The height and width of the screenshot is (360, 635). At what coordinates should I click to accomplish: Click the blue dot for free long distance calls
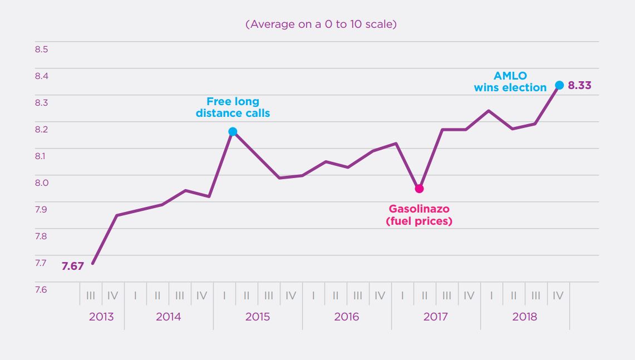point(233,132)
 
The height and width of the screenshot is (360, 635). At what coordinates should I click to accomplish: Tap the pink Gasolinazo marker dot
point(419,189)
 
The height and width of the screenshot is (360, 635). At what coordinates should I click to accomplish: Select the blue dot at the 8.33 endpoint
point(559,85)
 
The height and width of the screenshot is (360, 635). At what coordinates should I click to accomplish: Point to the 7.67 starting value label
point(72,266)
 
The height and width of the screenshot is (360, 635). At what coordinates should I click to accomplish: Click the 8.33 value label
point(579,86)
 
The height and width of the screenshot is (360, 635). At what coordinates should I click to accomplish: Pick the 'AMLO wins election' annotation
point(510,81)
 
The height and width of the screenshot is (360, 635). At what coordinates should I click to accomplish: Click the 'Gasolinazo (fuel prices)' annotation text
point(419,215)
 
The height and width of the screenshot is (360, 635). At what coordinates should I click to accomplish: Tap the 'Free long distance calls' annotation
point(233,107)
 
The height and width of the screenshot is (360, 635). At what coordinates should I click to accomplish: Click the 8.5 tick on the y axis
point(41,49)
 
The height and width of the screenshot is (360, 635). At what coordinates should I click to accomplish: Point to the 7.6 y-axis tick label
point(41,289)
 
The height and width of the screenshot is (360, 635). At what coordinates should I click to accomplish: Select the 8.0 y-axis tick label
point(41,183)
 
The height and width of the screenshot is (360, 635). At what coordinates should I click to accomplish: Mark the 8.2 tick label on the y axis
point(41,129)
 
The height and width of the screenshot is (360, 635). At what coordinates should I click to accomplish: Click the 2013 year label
point(101,317)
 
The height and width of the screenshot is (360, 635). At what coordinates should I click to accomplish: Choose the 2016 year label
point(346,317)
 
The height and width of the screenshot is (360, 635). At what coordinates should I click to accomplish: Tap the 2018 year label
point(524,317)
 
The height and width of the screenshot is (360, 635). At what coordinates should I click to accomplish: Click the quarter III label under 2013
point(91,296)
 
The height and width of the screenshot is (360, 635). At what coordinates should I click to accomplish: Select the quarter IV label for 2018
point(558,296)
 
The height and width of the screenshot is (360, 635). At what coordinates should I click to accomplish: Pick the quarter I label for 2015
point(224,296)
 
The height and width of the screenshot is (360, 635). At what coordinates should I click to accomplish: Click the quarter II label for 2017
point(425,296)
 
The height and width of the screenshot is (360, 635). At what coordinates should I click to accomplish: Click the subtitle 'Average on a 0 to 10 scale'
point(321,24)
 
